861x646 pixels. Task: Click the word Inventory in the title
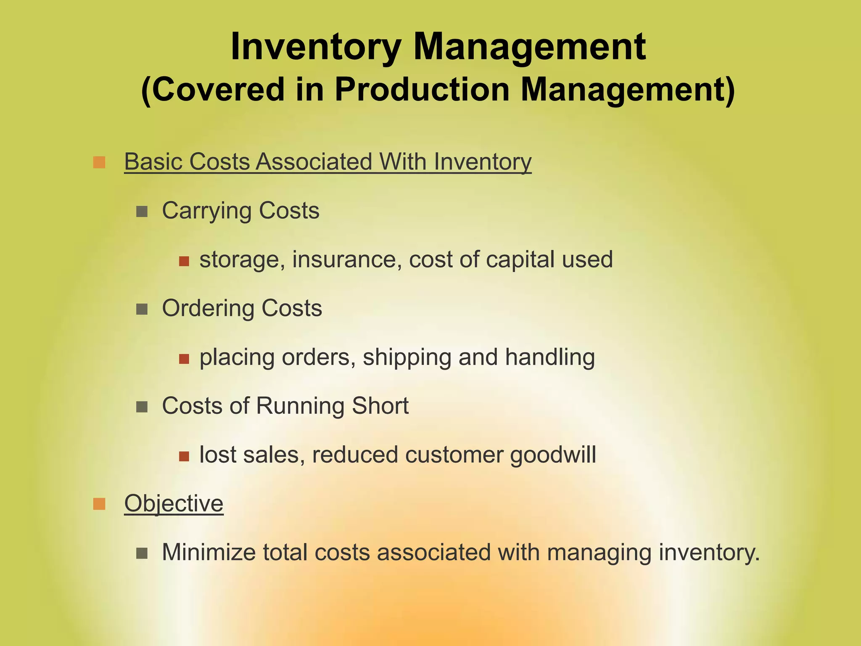coord(315,47)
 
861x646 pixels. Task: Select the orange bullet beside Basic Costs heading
coord(99,162)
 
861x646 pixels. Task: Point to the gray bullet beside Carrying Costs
coord(142,211)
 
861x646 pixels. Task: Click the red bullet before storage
coord(184,261)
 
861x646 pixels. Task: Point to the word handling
coord(550,357)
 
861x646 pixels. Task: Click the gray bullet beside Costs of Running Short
coord(142,407)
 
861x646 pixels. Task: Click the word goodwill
coord(553,455)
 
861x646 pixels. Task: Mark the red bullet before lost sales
coord(184,456)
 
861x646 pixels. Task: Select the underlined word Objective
coord(174,503)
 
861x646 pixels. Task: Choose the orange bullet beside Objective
coord(99,503)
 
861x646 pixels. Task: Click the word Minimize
coord(209,552)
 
